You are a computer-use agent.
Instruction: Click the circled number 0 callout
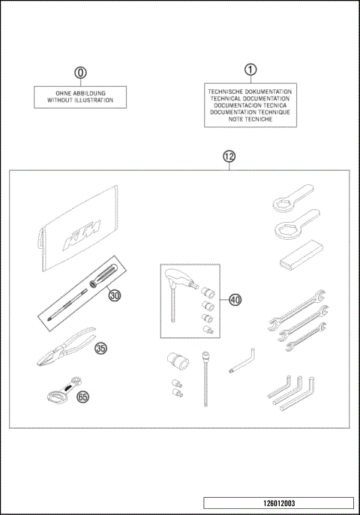[80, 73]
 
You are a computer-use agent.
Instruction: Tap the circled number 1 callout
[250, 69]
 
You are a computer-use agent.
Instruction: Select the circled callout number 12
[229, 157]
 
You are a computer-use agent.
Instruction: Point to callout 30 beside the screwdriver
[114, 295]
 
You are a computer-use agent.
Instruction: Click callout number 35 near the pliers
[100, 348]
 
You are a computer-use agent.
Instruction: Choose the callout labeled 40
[235, 300]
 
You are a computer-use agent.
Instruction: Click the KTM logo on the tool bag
[80, 232]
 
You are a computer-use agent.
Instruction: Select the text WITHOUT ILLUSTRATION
[81, 100]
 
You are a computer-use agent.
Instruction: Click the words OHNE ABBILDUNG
[81, 93]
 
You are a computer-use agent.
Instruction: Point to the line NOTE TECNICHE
[250, 119]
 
